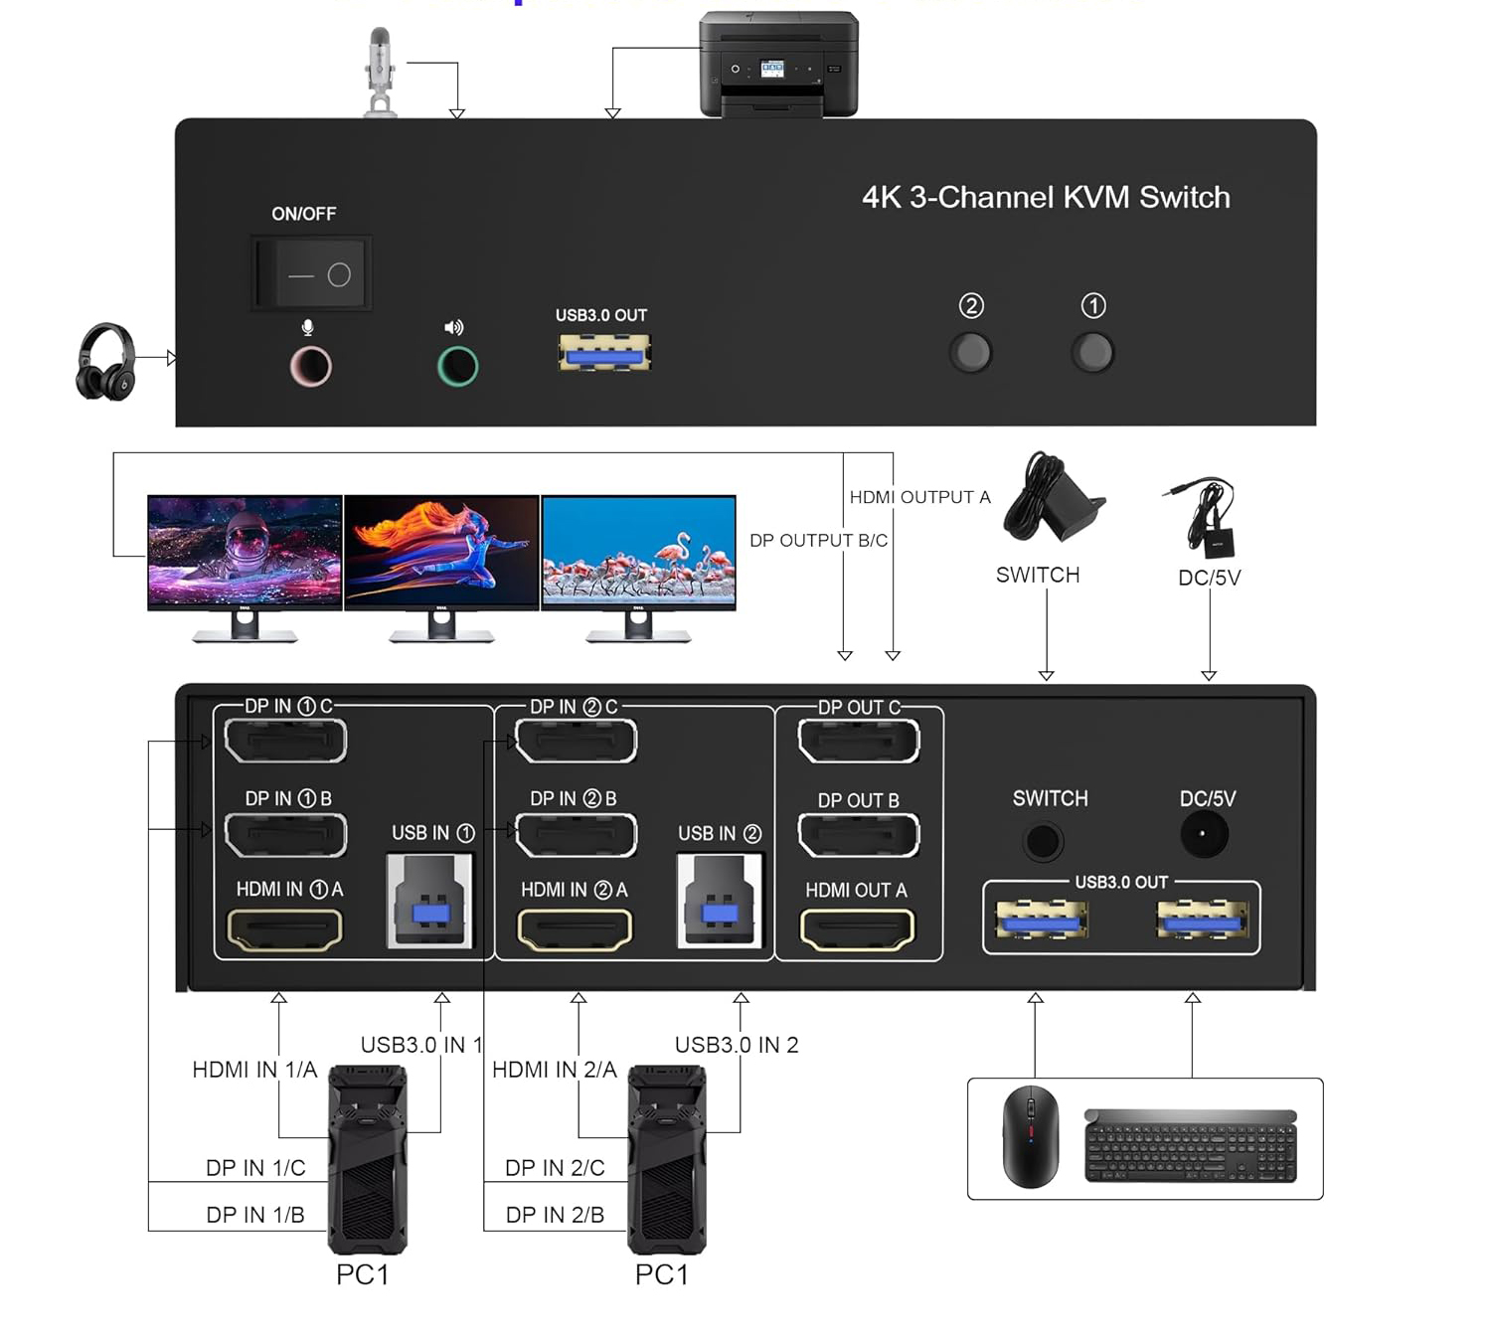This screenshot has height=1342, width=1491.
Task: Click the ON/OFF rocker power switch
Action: (x=312, y=273)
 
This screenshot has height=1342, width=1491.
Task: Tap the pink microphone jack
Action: (x=310, y=367)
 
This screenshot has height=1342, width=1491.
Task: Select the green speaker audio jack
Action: (x=457, y=367)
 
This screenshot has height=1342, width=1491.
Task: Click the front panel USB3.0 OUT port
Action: (x=604, y=353)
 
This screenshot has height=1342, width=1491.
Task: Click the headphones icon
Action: (x=105, y=362)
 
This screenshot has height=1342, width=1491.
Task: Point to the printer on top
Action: (x=778, y=65)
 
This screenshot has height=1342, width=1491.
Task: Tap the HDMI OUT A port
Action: (x=857, y=929)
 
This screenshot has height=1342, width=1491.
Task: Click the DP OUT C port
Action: (x=859, y=742)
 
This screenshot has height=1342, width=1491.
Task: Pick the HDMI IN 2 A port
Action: (x=575, y=929)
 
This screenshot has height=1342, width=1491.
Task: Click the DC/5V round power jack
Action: (x=1204, y=834)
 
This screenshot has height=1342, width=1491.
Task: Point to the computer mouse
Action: (x=1030, y=1136)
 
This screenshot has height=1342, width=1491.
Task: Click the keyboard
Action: (x=1191, y=1145)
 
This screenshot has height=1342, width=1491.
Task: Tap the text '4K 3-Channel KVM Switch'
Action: (x=1046, y=197)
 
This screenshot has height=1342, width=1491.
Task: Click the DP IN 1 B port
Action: (x=285, y=835)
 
